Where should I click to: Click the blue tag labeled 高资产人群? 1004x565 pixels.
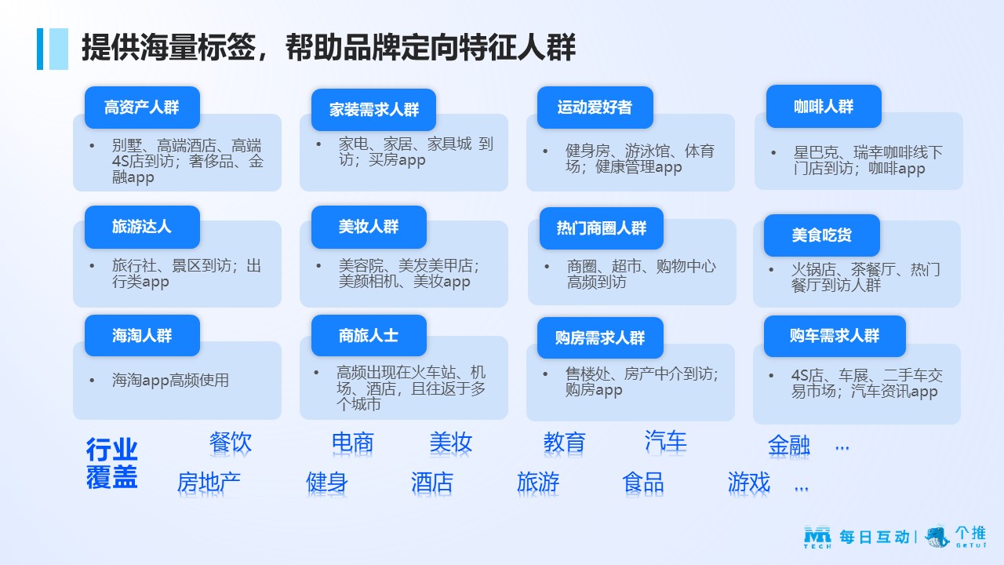(142, 108)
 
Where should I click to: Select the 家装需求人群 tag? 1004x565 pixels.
(373, 110)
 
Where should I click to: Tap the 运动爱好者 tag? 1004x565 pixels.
(595, 108)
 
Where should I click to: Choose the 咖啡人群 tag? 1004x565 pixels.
(824, 106)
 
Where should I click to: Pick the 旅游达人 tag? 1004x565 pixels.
(142, 227)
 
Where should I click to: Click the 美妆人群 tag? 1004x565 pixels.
(369, 227)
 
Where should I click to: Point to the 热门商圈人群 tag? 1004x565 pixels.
(602, 228)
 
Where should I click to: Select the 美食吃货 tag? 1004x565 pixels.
(821, 235)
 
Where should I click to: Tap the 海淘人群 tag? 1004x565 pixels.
(142, 335)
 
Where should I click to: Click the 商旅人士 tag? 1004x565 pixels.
(369, 335)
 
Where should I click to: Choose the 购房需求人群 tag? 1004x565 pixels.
(600, 337)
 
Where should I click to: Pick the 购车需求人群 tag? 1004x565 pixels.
(835, 336)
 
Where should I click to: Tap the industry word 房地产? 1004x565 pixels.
(209, 483)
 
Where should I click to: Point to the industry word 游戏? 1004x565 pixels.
(748, 483)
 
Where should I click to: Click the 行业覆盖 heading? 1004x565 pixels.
(111, 463)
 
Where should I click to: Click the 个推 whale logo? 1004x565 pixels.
(937, 536)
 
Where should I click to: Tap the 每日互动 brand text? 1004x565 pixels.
(875, 537)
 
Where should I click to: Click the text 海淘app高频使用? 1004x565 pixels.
(170, 381)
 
